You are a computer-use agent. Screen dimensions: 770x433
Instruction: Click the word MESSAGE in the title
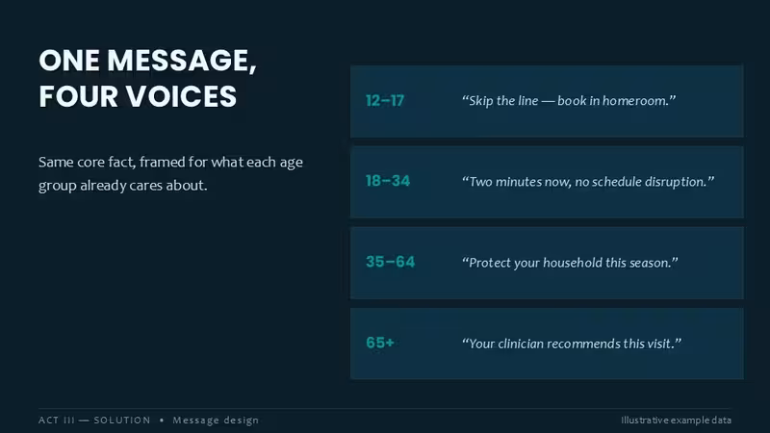tap(182, 61)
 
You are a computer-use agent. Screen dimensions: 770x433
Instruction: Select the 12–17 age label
tap(385, 101)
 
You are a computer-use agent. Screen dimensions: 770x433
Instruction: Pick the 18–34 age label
tap(388, 181)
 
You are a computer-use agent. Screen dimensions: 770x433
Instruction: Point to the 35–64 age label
tap(391, 262)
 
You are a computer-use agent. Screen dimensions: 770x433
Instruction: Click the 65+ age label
tap(380, 343)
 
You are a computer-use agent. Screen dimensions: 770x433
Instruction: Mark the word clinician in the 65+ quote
tap(521, 344)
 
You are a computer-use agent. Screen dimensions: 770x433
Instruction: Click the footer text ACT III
tap(57, 420)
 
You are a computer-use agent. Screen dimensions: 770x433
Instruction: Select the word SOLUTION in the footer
tap(122, 420)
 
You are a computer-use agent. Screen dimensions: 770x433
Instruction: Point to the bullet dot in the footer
tap(162, 420)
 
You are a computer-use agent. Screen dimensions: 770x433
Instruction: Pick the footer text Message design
tap(216, 420)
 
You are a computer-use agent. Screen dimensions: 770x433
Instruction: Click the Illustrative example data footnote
tap(677, 420)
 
